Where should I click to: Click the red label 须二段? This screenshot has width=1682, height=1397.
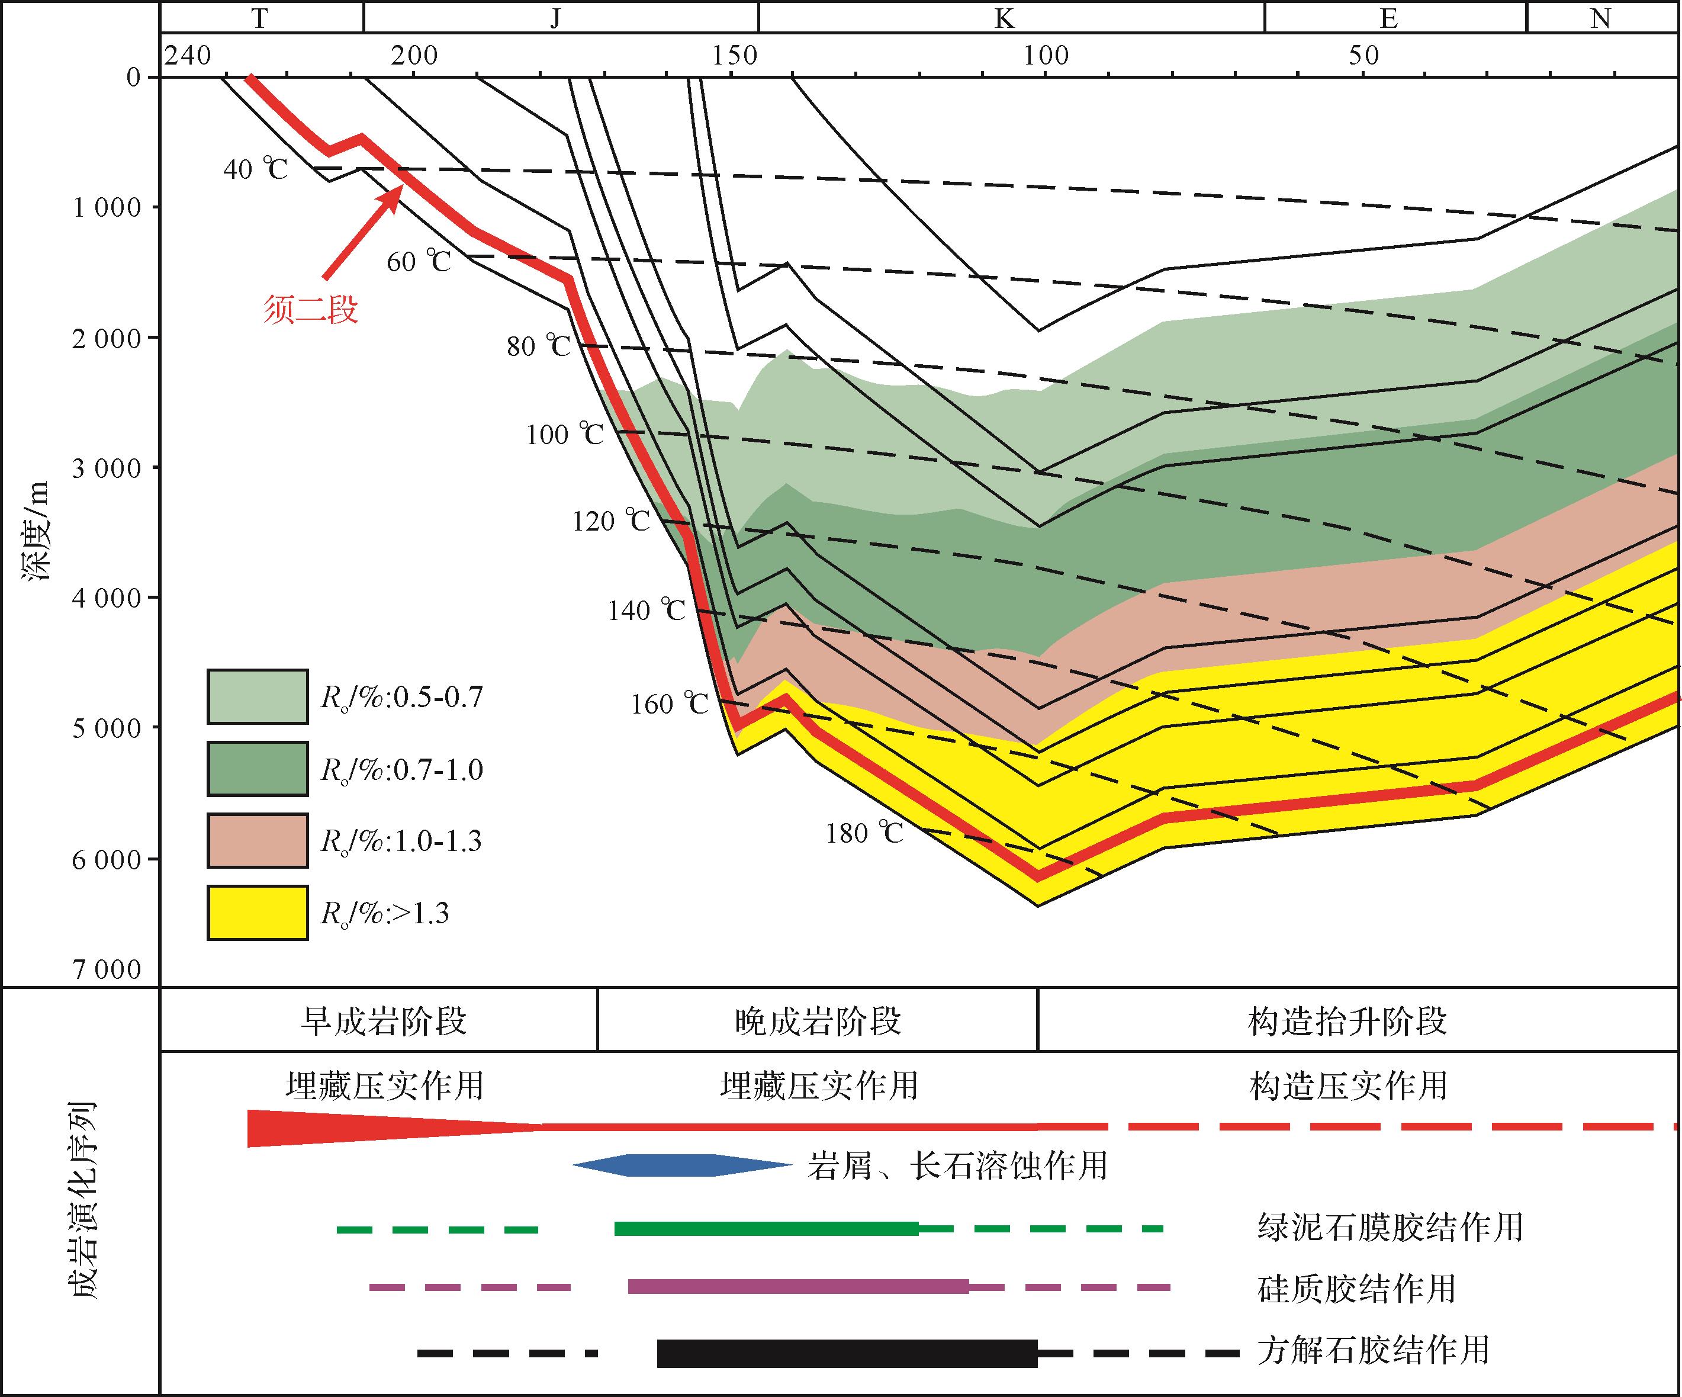tap(311, 309)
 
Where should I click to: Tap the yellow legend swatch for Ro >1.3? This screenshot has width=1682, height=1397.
tap(257, 913)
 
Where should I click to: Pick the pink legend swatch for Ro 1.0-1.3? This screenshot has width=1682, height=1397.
tap(257, 840)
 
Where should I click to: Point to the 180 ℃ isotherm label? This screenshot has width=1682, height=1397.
tap(864, 834)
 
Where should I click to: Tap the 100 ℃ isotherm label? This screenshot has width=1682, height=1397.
tap(565, 435)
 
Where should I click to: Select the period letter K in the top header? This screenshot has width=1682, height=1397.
tap(1004, 18)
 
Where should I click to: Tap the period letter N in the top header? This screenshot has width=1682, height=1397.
tap(1600, 18)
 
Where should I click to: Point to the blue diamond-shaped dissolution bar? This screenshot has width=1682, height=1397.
tap(681, 1165)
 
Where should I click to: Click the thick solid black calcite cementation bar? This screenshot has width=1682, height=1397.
tap(847, 1353)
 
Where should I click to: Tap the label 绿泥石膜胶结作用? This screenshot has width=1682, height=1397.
tap(1390, 1227)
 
